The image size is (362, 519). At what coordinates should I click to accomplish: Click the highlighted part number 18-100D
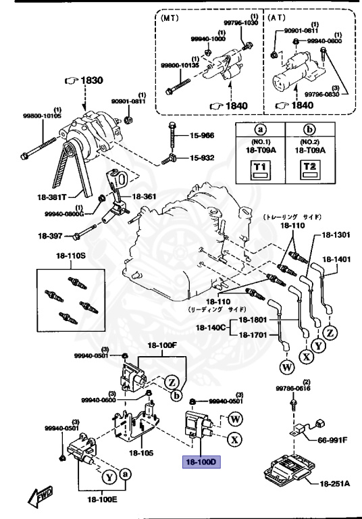click(x=199, y=462)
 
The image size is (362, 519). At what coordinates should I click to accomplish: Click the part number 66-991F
click(x=332, y=439)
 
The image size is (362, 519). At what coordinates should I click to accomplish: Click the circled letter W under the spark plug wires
click(x=285, y=368)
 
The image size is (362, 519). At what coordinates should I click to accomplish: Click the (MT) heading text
click(x=170, y=20)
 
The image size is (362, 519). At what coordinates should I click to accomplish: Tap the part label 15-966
click(x=200, y=136)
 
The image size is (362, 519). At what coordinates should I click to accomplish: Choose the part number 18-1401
click(x=336, y=258)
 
